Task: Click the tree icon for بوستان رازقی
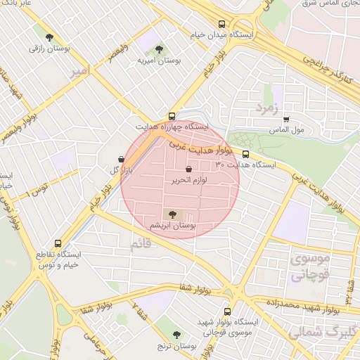click(49, 38)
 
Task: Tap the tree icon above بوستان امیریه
click(159, 50)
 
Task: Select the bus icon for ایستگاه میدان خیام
click(222, 22)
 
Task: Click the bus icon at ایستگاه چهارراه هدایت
click(172, 116)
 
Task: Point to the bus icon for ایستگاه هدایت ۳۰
click(245, 154)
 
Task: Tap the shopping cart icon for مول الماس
click(286, 120)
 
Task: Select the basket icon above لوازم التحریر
click(188, 169)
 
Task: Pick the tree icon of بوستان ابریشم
click(171, 214)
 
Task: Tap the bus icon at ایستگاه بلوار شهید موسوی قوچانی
click(226, 311)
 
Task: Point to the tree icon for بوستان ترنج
click(176, 335)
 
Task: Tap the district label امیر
click(79, 72)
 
